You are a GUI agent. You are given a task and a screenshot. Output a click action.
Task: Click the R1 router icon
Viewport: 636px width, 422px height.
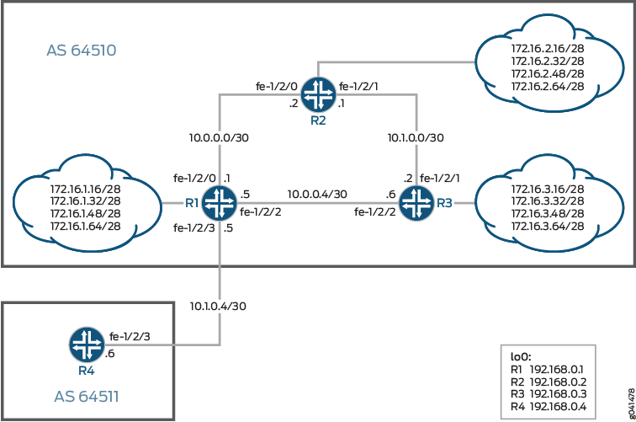pos(220,203)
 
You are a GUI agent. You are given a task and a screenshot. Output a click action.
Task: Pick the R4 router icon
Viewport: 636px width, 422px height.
pos(84,345)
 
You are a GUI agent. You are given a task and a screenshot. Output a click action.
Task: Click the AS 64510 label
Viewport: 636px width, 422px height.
pos(81,51)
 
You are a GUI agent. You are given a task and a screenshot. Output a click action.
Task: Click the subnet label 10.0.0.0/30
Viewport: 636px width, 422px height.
pos(220,136)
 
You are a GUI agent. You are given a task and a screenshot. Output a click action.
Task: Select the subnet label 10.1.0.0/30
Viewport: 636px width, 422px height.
pos(416,136)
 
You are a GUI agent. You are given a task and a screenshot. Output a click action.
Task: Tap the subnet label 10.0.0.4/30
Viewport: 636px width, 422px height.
pos(317,194)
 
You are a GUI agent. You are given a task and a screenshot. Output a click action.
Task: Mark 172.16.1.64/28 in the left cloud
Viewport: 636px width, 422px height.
pos(85,226)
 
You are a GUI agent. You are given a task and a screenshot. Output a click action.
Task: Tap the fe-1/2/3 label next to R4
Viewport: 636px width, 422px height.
pos(130,336)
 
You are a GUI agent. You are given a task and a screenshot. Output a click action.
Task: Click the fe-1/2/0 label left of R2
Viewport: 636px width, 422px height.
pos(275,86)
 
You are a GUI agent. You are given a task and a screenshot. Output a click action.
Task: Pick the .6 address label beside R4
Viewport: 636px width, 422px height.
pos(109,354)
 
